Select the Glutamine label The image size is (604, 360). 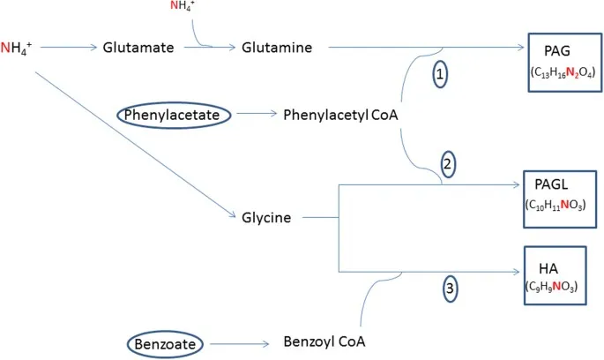coord(277,48)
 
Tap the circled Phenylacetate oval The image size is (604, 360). coord(175,115)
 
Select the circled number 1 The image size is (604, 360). coord(439,75)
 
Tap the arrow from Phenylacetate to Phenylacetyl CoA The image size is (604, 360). coord(253,115)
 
